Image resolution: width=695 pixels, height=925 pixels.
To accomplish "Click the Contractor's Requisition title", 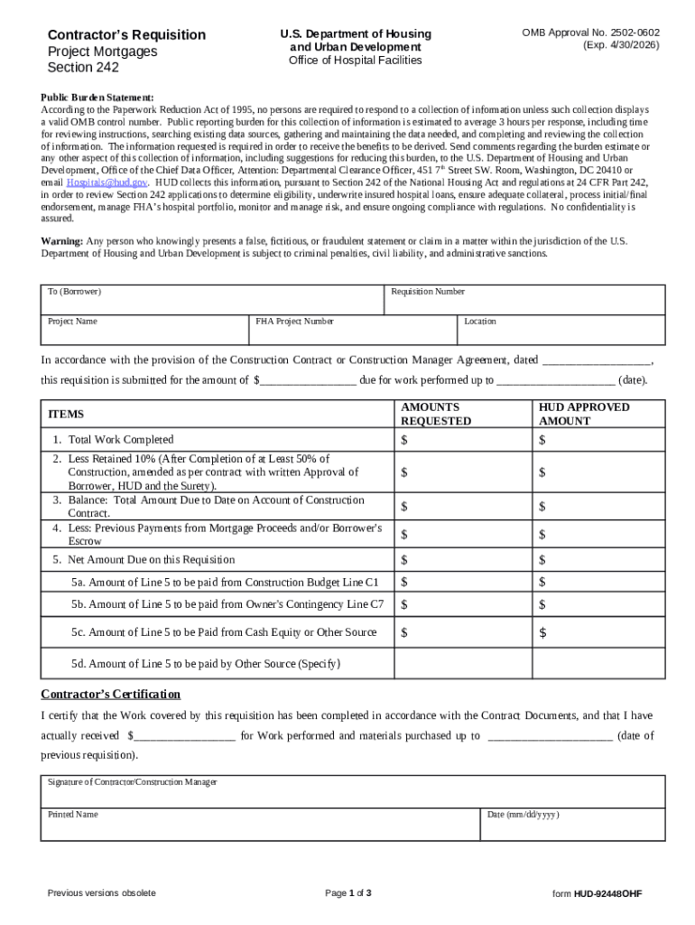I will click(x=126, y=34).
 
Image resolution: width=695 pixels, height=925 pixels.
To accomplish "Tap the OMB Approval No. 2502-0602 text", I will click(x=590, y=33).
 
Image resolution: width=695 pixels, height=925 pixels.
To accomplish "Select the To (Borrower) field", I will click(x=212, y=300).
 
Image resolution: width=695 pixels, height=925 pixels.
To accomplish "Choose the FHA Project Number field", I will click(x=353, y=330).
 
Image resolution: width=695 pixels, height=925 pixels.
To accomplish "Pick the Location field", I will click(x=561, y=330).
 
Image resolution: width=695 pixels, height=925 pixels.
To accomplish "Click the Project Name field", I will click(x=144, y=330).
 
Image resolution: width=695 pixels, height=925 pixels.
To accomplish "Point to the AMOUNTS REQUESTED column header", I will click(x=436, y=414).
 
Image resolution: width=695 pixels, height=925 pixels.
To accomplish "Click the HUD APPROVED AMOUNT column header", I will click(x=584, y=414).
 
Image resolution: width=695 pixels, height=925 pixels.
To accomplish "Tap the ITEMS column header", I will click(x=66, y=414).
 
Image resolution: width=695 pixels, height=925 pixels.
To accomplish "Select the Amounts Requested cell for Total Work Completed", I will click(x=462, y=440).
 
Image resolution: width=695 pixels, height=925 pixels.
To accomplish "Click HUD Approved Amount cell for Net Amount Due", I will click(x=598, y=560).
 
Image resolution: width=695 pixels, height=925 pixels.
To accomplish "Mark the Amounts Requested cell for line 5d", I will click(x=462, y=663).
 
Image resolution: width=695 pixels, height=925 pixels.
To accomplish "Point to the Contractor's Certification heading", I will click(x=111, y=694).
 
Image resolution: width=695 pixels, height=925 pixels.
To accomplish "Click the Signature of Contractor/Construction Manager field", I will click(x=353, y=790).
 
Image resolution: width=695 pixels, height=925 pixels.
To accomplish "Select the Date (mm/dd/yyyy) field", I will click(x=572, y=824).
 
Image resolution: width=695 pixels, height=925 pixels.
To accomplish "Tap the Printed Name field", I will click(x=260, y=824).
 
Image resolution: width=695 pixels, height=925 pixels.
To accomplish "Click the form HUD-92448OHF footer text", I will click(x=597, y=893).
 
